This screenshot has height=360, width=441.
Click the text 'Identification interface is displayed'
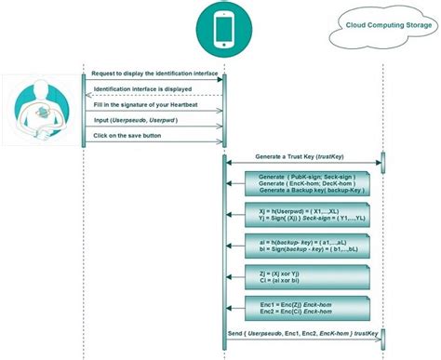[x=143, y=89]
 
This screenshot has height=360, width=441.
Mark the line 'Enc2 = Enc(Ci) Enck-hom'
[x=287, y=313]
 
